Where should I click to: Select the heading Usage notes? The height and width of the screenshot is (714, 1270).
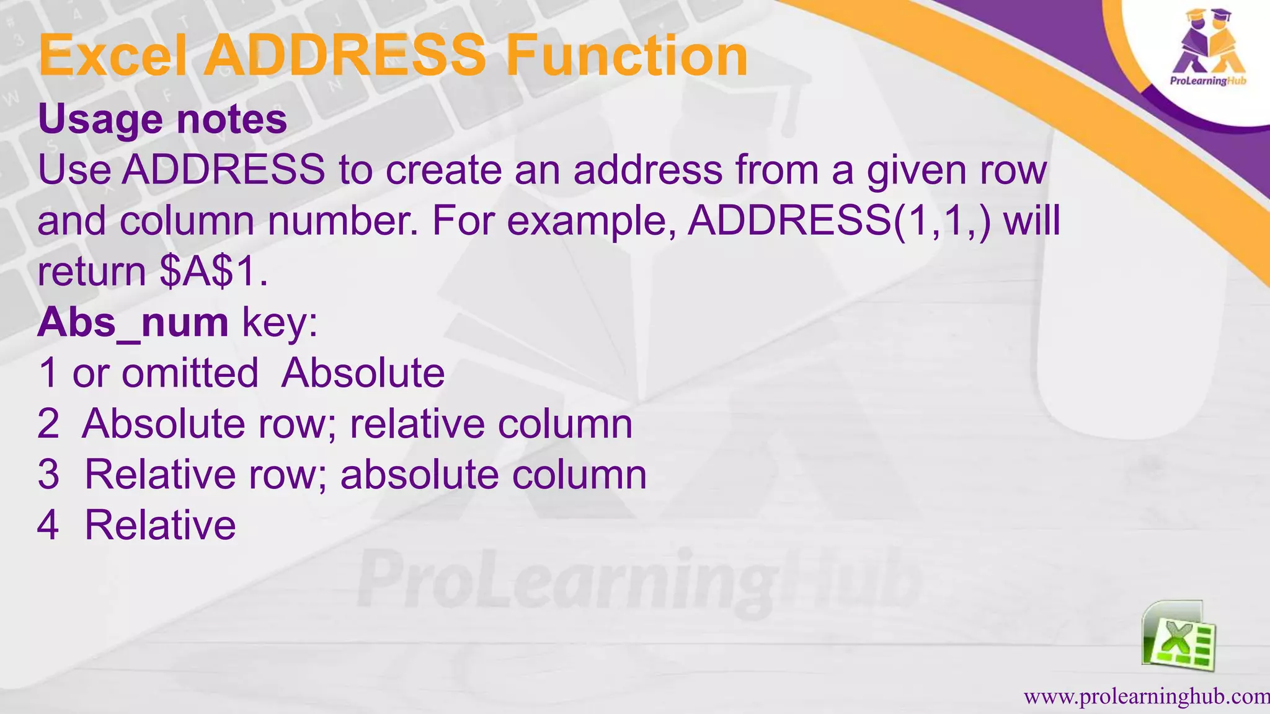162,118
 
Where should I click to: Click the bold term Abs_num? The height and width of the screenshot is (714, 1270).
133,323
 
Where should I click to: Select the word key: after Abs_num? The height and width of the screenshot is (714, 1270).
280,323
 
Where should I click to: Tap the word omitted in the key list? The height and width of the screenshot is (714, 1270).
190,373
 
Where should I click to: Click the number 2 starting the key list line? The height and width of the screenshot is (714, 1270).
48,424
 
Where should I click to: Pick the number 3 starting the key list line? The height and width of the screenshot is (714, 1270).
48,475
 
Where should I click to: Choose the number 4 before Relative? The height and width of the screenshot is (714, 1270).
48,526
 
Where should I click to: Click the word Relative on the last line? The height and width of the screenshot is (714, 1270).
160,526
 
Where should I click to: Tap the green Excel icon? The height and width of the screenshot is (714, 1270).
1178,635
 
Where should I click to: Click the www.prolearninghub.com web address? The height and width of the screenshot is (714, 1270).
1146,697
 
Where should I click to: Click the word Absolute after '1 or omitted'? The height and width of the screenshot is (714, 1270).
363,373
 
